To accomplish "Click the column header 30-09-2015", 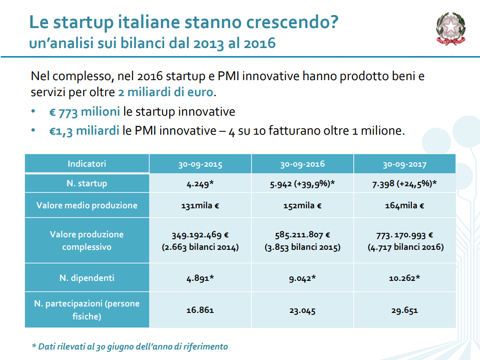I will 200,164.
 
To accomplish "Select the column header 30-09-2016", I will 302,164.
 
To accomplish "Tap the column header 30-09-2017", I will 404,164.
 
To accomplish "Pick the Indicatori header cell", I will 87,164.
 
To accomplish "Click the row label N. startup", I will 87,183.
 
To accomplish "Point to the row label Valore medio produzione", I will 87,205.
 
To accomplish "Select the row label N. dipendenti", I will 87,278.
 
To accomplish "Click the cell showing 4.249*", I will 200,183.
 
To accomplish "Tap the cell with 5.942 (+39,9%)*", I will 302,183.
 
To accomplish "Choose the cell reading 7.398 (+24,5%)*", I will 404,183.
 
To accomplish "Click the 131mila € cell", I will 200,205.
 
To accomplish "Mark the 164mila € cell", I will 404,205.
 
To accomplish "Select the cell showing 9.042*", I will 302,278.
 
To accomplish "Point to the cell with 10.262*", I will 404,278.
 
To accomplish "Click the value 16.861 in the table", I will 200,310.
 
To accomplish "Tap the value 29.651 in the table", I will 404,310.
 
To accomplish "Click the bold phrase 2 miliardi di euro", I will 166,92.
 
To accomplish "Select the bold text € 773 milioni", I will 85,112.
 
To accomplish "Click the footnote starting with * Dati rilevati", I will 130,346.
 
